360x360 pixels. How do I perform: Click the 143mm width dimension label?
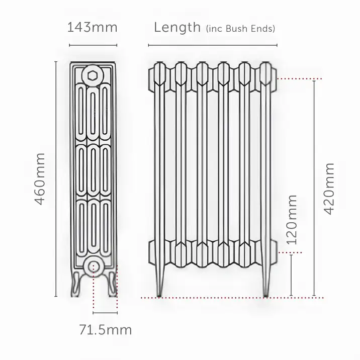tap(92, 27)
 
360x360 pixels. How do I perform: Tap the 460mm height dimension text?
tap(40, 178)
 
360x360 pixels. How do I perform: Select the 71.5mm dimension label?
tap(106, 330)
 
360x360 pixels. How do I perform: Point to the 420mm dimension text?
tap(329, 188)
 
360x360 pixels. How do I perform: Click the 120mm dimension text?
tap(292, 220)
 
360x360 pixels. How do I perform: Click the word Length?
tap(177, 27)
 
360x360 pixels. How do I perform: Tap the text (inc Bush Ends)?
tap(241, 29)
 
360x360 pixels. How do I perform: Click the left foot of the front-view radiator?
tap(158, 282)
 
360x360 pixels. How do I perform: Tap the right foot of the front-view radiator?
tap(266, 282)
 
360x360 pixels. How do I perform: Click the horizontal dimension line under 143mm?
tap(93, 45)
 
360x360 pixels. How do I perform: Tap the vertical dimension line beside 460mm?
tap(55, 178)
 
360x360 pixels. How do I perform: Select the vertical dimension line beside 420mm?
tap(314, 188)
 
